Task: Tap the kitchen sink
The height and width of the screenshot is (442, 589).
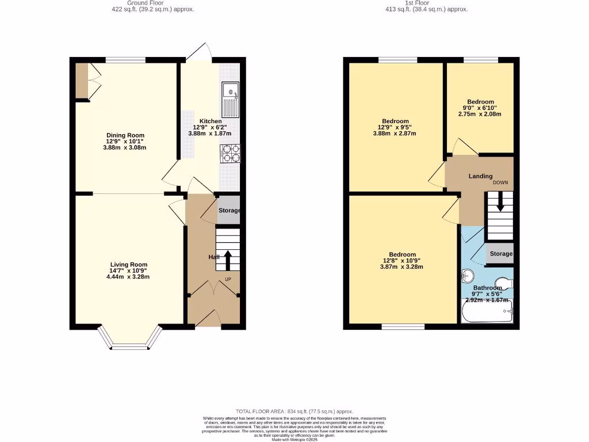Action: coord(230,98)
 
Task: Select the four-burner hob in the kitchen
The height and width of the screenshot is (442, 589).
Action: coord(230,153)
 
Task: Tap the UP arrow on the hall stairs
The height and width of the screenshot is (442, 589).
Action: coord(227,260)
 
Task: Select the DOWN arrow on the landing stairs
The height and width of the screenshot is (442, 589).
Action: coord(499,202)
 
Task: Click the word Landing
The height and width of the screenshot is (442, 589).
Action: coord(480,176)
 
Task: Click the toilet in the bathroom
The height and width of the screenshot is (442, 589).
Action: coord(504,282)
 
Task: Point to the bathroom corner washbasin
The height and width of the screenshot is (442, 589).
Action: coord(466,276)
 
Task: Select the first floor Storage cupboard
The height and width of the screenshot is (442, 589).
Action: coord(500,254)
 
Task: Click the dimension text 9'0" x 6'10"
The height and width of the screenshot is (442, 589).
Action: coord(480,108)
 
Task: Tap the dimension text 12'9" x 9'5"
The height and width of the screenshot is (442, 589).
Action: coord(396,127)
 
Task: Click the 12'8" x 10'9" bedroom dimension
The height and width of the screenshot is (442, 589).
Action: coord(402,261)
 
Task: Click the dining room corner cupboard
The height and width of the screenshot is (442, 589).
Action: coord(82,81)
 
